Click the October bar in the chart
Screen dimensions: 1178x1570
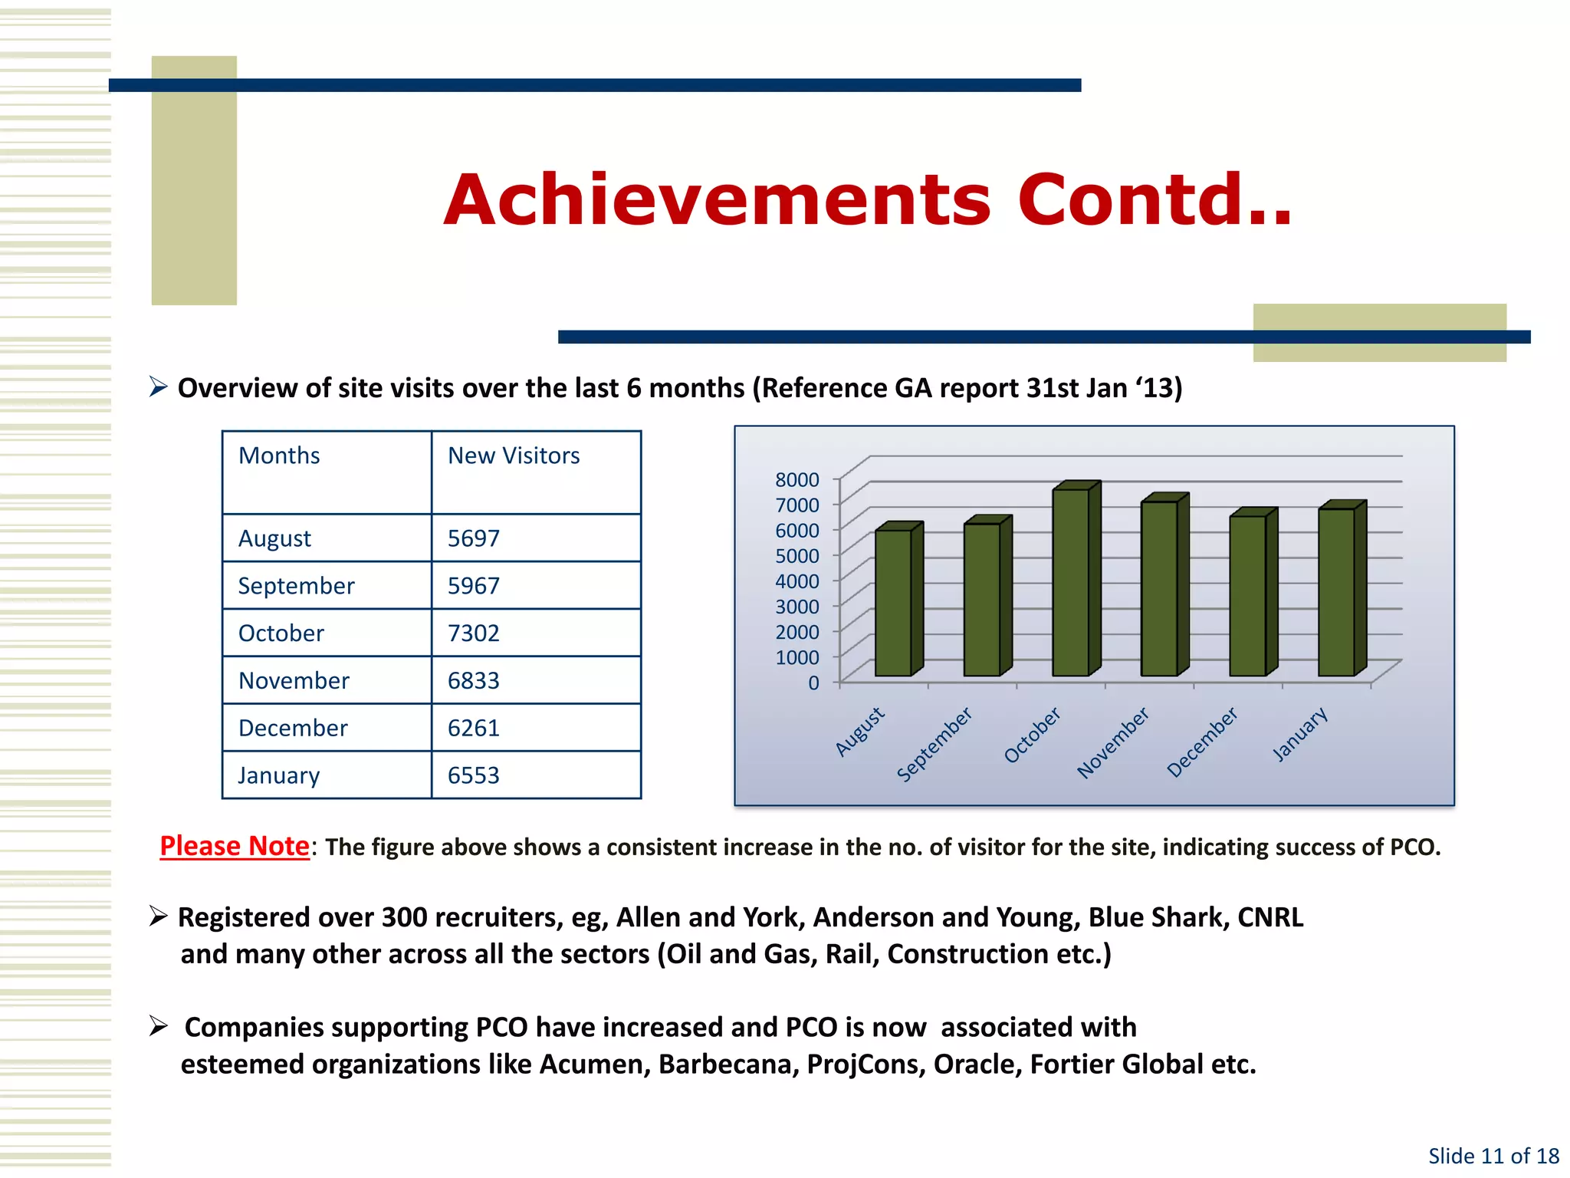point(1071,582)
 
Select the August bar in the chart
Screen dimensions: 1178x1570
point(894,603)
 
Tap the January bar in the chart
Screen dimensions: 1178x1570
point(1337,591)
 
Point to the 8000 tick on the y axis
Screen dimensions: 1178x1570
point(796,480)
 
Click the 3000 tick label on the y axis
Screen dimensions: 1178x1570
point(796,607)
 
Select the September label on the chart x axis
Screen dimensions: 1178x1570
point(934,744)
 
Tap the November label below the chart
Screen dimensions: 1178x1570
point(1113,742)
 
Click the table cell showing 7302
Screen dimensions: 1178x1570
point(474,633)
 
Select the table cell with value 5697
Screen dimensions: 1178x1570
point(474,538)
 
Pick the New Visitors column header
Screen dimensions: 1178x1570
point(514,456)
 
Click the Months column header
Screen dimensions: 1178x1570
point(279,456)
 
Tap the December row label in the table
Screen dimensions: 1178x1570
point(293,728)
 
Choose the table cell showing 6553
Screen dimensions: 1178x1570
point(474,775)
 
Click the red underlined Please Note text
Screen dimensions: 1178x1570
point(235,846)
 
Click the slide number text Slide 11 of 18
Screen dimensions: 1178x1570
point(1493,1156)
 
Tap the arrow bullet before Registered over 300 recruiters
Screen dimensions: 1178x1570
point(159,916)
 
